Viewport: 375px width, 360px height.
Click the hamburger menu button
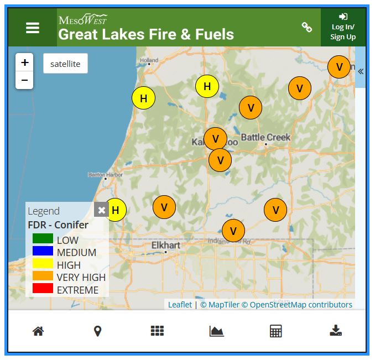pyautogui.click(x=33, y=28)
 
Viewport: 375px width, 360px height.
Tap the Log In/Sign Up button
pyautogui.click(x=343, y=28)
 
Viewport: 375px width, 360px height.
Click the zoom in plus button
pyautogui.click(x=24, y=62)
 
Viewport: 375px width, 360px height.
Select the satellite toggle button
pyautogui.click(x=65, y=64)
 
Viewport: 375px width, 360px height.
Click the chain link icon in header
pyautogui.click(x=306, y=27)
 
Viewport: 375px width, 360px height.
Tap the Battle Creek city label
pyautogui.click(x=265, y=137)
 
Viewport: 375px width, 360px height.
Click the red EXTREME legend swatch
pyautogui.click(x=43, y=289)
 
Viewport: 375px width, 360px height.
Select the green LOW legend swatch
pyautogui.click(x=43, y=239)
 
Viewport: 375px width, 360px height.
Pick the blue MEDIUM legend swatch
pyautogui.click(x=43, y=252)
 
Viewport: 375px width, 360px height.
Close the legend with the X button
pyautogui.click(x=101, y=210)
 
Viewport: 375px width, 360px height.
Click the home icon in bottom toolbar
pyautogui.click(x=38, y=331)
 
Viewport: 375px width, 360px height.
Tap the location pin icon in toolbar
pyautogui.click(x=97, y=331)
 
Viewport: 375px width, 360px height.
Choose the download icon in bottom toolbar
pyautogui.click(x=336, y=331)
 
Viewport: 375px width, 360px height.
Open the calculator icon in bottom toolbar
pyautogui.click(x=275, y=331)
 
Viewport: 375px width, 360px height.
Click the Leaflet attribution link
pyautogui.click(x=180, y=305)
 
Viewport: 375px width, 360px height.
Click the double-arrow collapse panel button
pyautogui.click(x=361, y=71)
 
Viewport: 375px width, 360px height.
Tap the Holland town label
pyautogui.click(x=149, y=60)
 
